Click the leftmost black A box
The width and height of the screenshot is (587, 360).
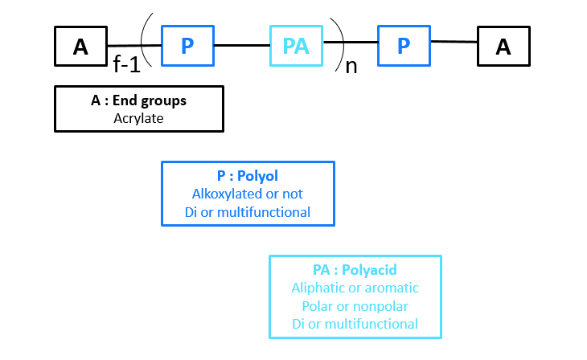[x=80, y=46]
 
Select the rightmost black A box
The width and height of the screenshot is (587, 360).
[x=503, y=46]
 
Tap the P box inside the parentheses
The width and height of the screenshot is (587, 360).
[x=187, y=46]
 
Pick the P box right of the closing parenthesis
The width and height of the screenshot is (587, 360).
[x=404, y=46]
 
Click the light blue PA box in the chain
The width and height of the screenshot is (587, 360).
[x=296, y=46]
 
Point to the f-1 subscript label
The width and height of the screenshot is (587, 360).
[x=126, y=65]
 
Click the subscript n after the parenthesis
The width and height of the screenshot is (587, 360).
[x=351, y=66]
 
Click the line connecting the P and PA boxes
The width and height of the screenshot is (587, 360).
[x=241, y=45]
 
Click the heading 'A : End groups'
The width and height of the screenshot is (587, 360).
[x=138, y=101]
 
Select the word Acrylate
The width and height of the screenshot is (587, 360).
[x=138, y=118]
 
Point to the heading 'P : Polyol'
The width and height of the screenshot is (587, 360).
[x=248, y=176]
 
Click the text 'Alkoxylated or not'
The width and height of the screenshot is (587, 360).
[x=248, y=194]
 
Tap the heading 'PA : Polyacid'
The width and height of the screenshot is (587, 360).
[x=355, y=269]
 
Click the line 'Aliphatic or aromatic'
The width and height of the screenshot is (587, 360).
[x=355, y=287]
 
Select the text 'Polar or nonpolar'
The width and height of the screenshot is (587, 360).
[x=355, y=305]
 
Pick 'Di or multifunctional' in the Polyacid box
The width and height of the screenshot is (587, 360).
[x=355, y=323]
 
